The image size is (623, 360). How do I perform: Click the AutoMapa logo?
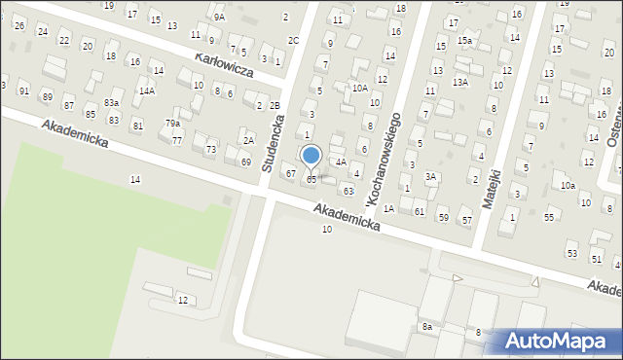click(x=553, y=341)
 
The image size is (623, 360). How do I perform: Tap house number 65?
click(x=311, y=180)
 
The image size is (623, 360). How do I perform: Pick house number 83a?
click(x=112, y=102)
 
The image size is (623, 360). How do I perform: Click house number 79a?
click(x=172, y=124)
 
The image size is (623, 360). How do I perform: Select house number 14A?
click(x=147, y=90)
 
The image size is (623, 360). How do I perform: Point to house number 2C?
click(x=293, y=40)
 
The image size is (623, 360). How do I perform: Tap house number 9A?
click(x=219, y=17)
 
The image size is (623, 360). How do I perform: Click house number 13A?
click(x=460, y=83)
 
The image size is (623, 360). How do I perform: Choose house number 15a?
click(x=465, y=40)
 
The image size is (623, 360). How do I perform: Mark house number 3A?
click(x=429, y=176)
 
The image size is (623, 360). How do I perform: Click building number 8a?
click(x=426, y=327)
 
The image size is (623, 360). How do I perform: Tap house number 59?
click(x=443, y=217)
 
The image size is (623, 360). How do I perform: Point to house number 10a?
click(x=568, y=185)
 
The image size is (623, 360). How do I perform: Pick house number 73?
click(x=210, y=149)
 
